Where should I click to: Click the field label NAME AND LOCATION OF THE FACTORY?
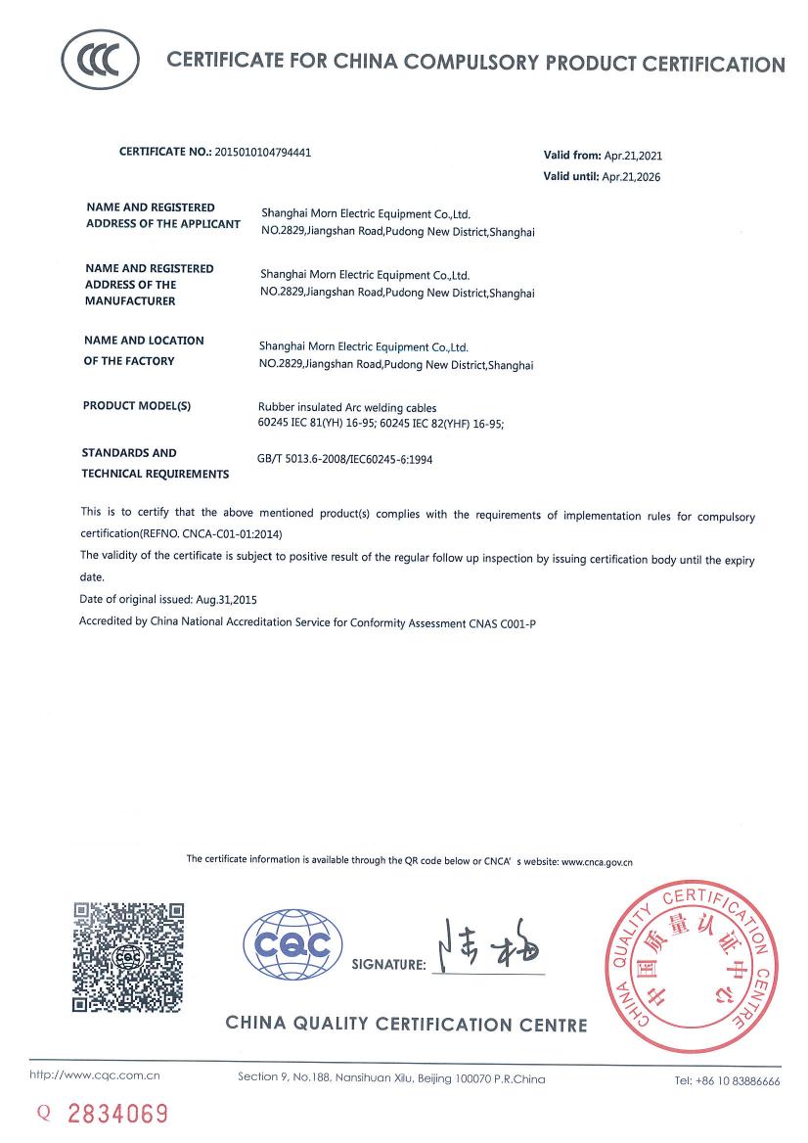click(144, 350)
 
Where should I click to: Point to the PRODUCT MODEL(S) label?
click(137, 405)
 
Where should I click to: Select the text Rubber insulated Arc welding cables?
click(346, 407)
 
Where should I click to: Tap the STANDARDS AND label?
click(129, 453)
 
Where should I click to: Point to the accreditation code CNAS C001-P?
click(503, 621)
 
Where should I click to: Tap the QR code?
click(129, 956)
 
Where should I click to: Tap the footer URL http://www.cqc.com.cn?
click(95, 1076)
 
